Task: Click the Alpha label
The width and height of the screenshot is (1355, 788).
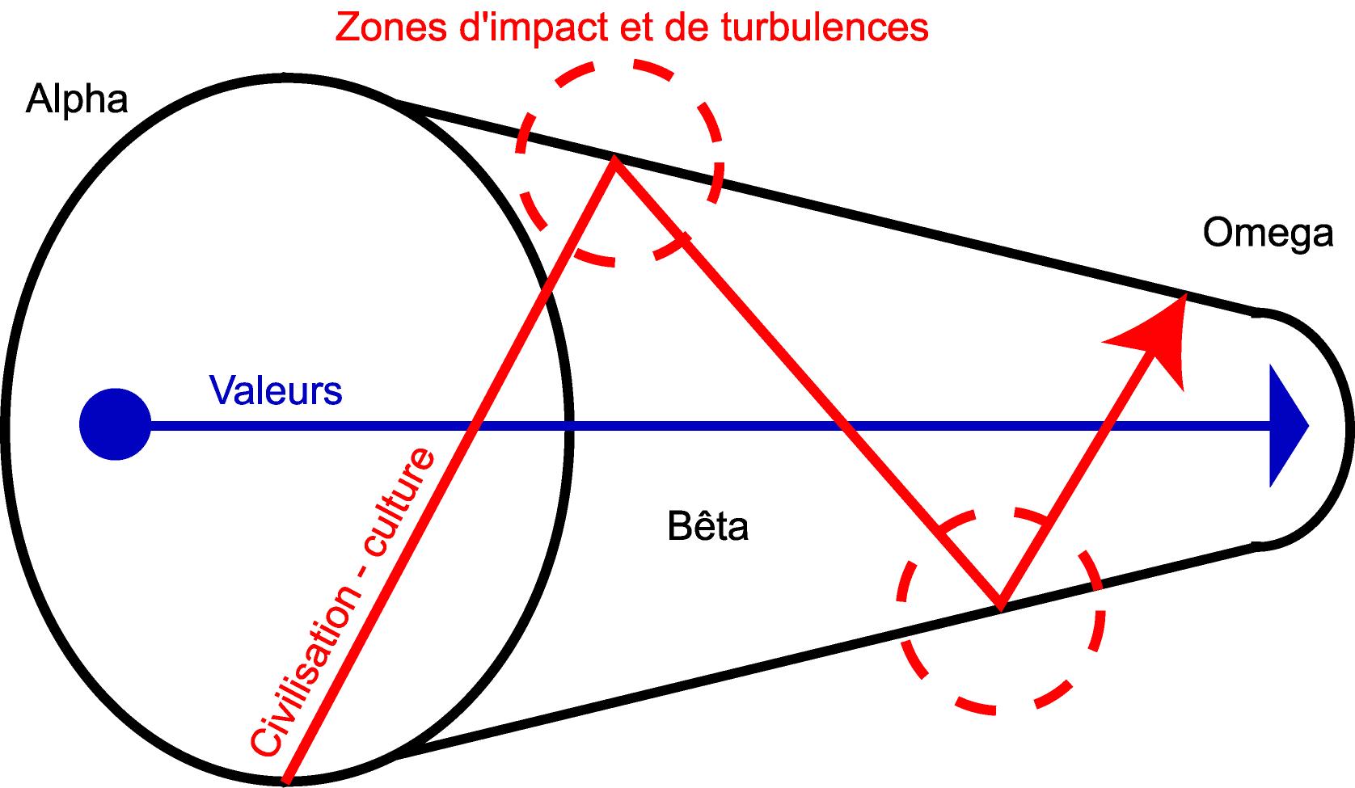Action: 77,100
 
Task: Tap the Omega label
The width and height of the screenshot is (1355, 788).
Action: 1267,234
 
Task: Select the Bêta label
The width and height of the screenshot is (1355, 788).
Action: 708,527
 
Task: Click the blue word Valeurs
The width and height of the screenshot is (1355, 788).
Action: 276,390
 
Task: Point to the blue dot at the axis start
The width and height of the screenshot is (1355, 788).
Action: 115,424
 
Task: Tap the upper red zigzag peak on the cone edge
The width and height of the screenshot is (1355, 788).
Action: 615,158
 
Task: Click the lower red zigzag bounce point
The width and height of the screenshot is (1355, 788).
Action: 1001,605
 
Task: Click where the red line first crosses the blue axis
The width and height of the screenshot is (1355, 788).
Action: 472,425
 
